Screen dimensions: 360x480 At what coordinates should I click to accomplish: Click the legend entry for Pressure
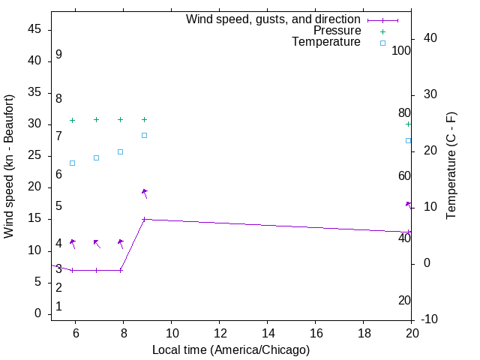point(337,31)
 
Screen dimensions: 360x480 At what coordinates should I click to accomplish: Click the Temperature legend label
point(326,42)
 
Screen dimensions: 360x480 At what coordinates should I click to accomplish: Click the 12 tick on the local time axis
point(220,332)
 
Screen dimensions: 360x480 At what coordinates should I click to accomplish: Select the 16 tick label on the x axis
point(316,332)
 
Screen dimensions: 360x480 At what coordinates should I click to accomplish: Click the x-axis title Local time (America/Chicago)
point(231,349)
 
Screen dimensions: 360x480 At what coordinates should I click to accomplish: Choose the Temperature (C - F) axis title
point(451,166)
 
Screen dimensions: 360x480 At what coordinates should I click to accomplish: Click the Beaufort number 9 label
point(58,55)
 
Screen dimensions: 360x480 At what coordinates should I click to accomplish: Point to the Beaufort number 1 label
point(58,307)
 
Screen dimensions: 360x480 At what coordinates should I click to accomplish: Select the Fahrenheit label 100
point(401,51)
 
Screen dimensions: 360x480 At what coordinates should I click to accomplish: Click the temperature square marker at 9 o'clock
point(144,135)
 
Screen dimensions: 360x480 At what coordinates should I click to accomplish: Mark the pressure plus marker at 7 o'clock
point(96,119)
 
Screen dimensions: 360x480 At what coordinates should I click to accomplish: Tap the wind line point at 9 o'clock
point(144,219)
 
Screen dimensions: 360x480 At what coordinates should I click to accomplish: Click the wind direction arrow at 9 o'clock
point(144,193)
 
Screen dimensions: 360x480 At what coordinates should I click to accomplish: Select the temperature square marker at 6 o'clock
point(72,163)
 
